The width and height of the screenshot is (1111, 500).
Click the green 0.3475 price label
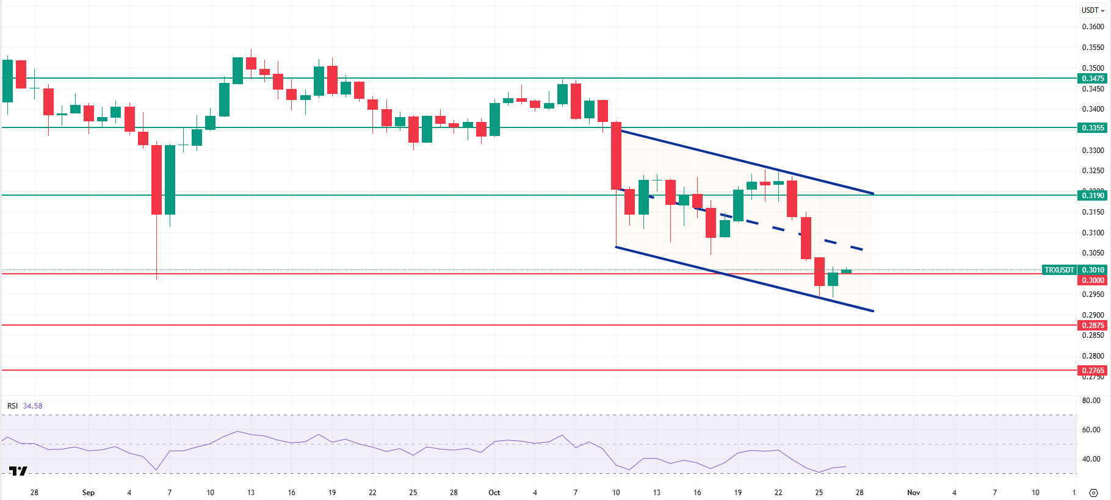(x=1092, y=78)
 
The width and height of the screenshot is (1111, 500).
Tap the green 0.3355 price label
(x=1092, y=127)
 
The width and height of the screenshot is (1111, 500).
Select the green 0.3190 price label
(x=1092, y=195)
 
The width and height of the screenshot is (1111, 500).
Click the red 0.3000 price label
(x=1092, y=280)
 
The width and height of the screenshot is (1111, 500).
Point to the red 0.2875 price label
(x=1092, y=325)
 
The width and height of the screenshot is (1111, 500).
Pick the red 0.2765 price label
(x=1092, y=370)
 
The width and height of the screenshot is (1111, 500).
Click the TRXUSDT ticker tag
(x=1059, y=270)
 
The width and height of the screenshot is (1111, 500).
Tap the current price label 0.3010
(x=1092, y=270)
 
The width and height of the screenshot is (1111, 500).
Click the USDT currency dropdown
(x=1093, y=10)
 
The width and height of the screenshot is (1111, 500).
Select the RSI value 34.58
(x=33, y=405)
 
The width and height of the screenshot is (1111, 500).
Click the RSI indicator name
(x=12, y=405)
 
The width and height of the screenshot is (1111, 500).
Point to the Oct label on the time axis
(x=494, y=492)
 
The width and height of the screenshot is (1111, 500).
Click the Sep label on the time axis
(x=89, y=492)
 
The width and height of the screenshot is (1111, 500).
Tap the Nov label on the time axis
(x=913, y=492)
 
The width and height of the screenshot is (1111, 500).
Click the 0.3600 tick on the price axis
(x=1093, y=27)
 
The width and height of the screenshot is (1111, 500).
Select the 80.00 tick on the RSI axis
(x=1091, y=401)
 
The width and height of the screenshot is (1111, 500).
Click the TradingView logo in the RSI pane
(x=18, y=471)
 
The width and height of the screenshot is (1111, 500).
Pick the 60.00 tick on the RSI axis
(x=1091, y=429)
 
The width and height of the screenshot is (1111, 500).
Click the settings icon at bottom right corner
(x=1093, y=493)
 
